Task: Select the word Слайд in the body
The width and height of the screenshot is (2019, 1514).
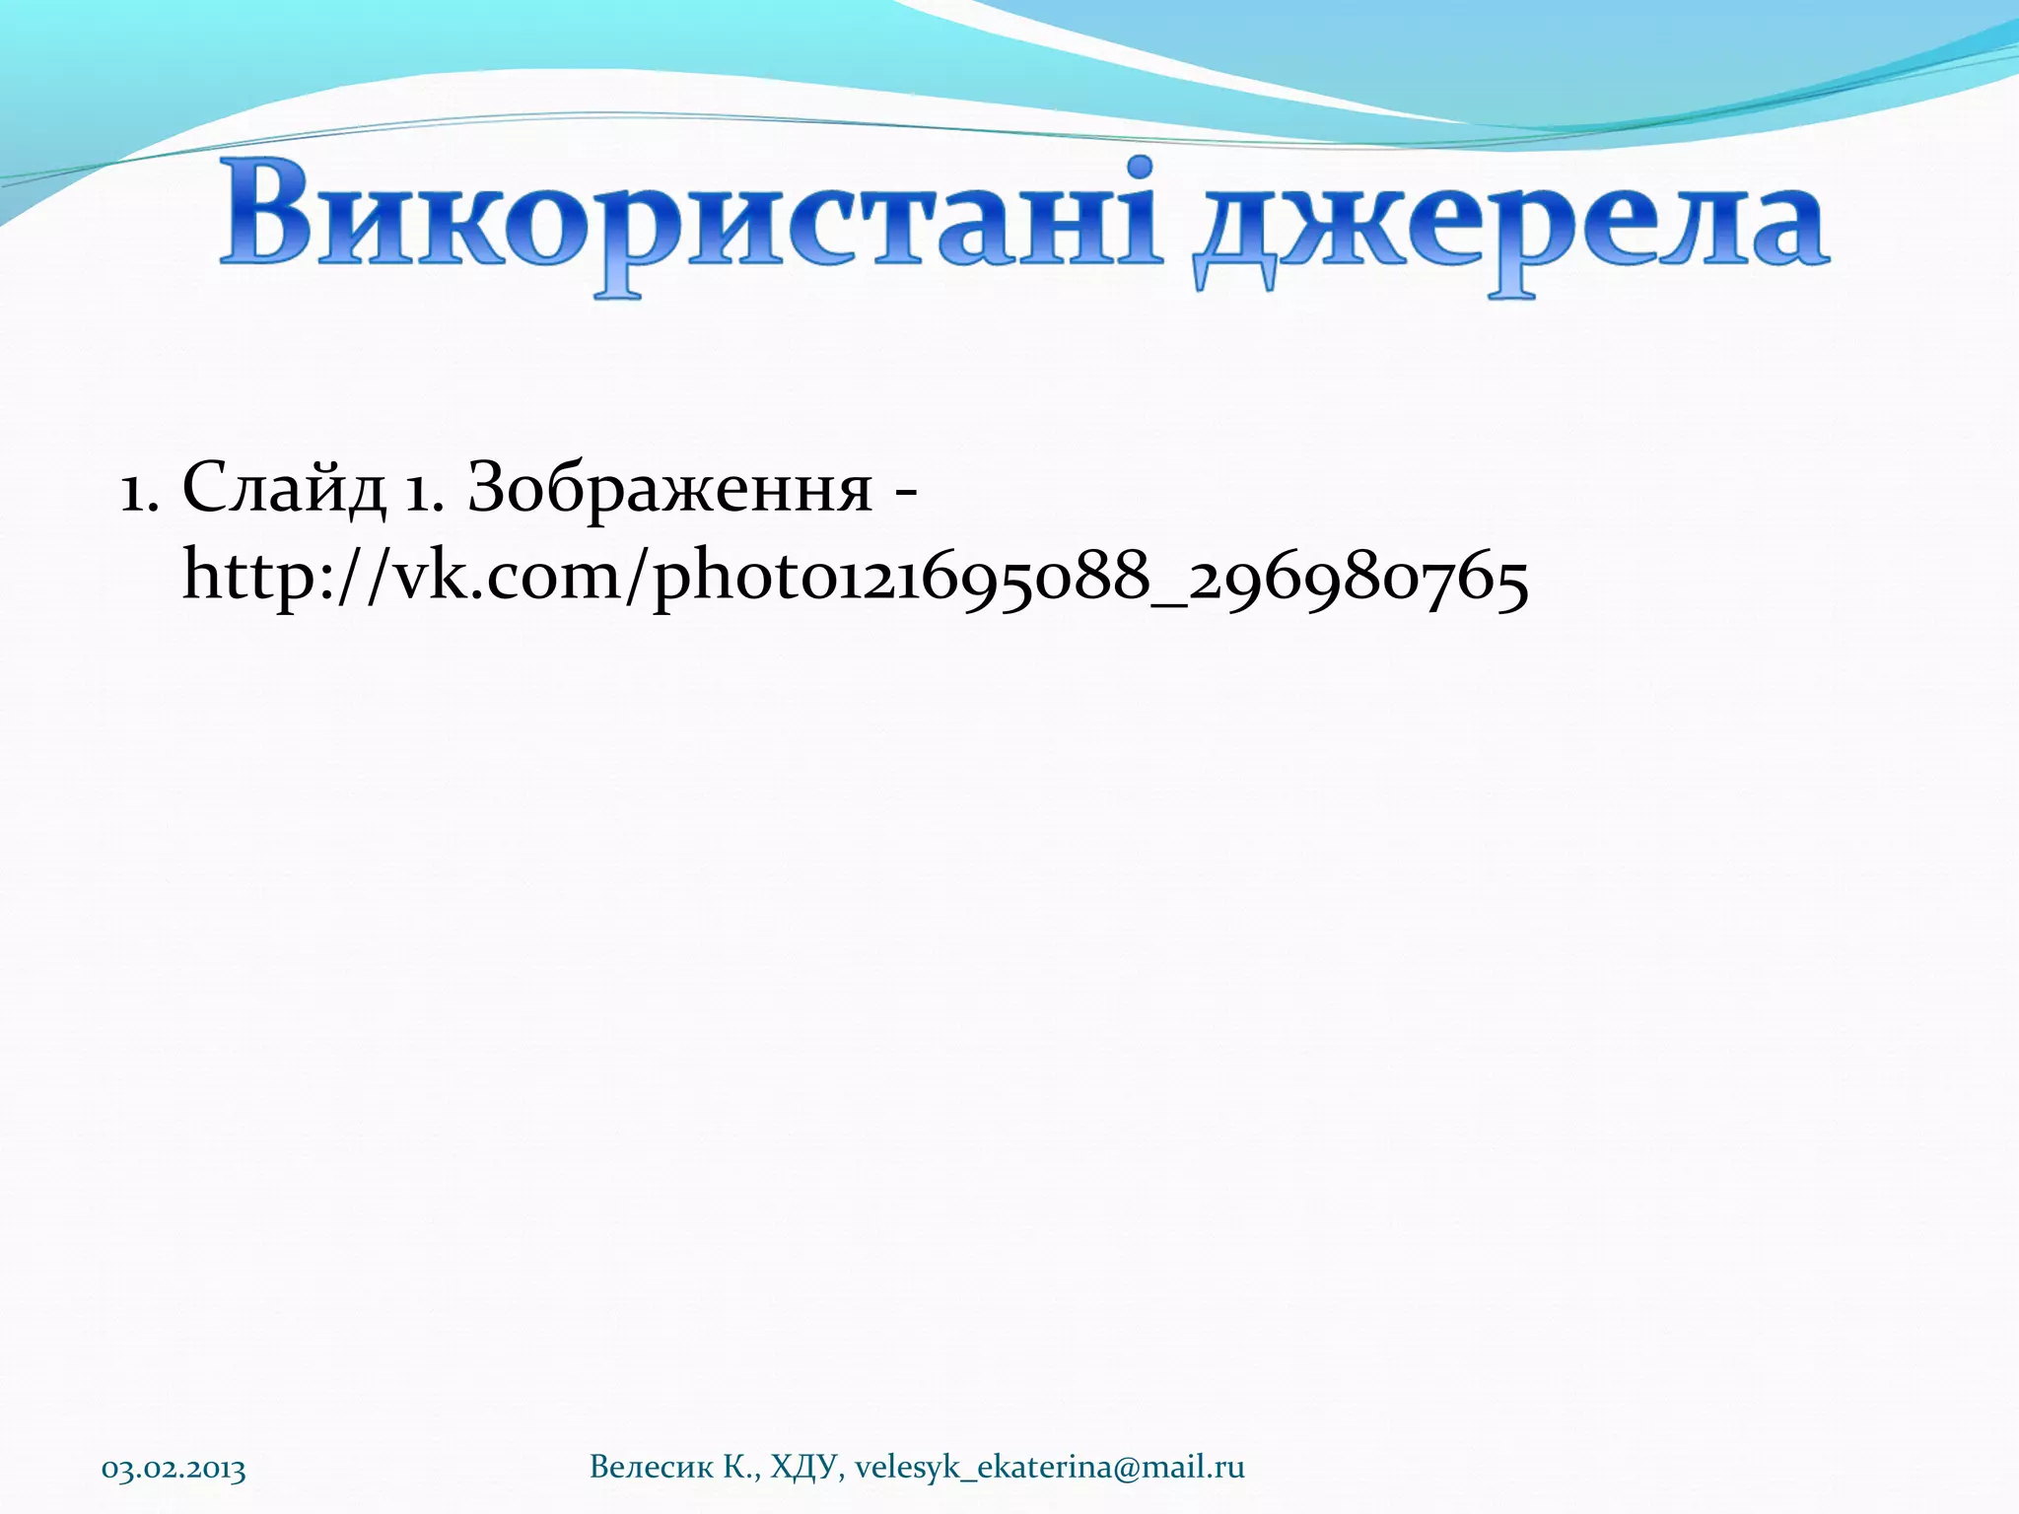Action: tap(284, 489)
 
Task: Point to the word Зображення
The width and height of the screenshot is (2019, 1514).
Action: tap(669, 489)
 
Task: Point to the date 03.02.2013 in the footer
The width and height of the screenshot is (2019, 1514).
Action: tap(174, 1469)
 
